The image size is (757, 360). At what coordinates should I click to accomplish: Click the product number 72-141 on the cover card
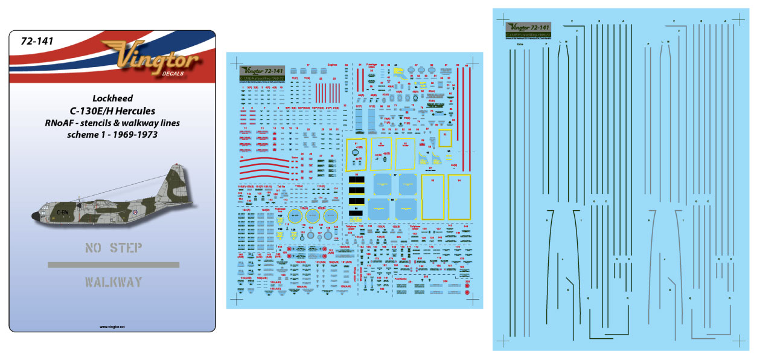(x=37, y=41)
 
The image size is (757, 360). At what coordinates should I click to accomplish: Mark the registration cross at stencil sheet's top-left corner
(x=237, y=61)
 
